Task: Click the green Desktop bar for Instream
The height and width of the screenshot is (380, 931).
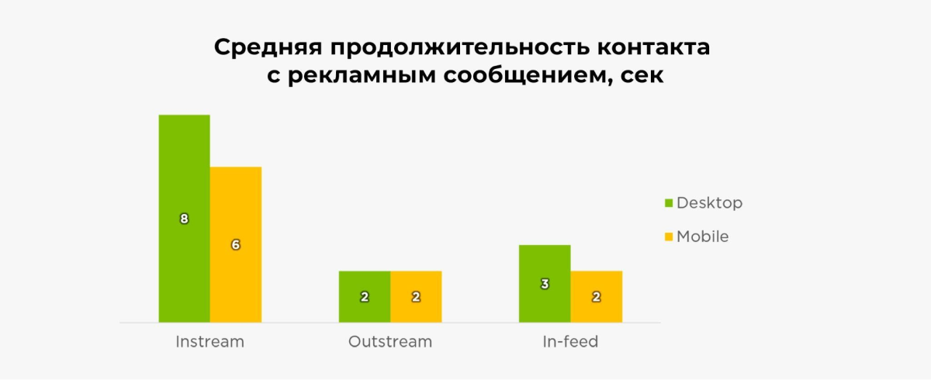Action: [184, 219]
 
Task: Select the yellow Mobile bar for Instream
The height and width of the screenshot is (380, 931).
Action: [236, 244]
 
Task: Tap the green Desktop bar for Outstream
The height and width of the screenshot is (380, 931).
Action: [365, 296]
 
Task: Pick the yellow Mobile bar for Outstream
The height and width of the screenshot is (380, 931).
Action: [416, 296]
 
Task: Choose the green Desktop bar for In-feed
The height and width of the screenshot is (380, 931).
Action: [545, 284]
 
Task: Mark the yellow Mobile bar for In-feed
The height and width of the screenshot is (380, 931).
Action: [597, 296]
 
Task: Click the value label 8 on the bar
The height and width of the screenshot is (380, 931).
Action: [184, 219]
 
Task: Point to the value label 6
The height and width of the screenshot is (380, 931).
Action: [236, 244]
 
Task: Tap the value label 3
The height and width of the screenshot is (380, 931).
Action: [545, 284]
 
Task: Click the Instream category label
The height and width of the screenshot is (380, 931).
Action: [210, 342]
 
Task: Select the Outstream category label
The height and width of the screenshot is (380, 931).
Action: [390, 342]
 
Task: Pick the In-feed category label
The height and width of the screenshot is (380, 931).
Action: [570, 342]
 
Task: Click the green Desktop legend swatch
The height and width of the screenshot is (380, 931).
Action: [669, 203]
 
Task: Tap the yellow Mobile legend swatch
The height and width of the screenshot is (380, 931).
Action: [669, 237]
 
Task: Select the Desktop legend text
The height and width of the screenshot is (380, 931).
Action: [709, 202]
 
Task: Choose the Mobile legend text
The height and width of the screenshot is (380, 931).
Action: [703, 237]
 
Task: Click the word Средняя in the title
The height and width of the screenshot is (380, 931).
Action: [268, 48]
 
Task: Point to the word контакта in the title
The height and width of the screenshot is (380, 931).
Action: [654, 47]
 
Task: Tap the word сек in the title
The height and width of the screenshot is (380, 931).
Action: [642, 75]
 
